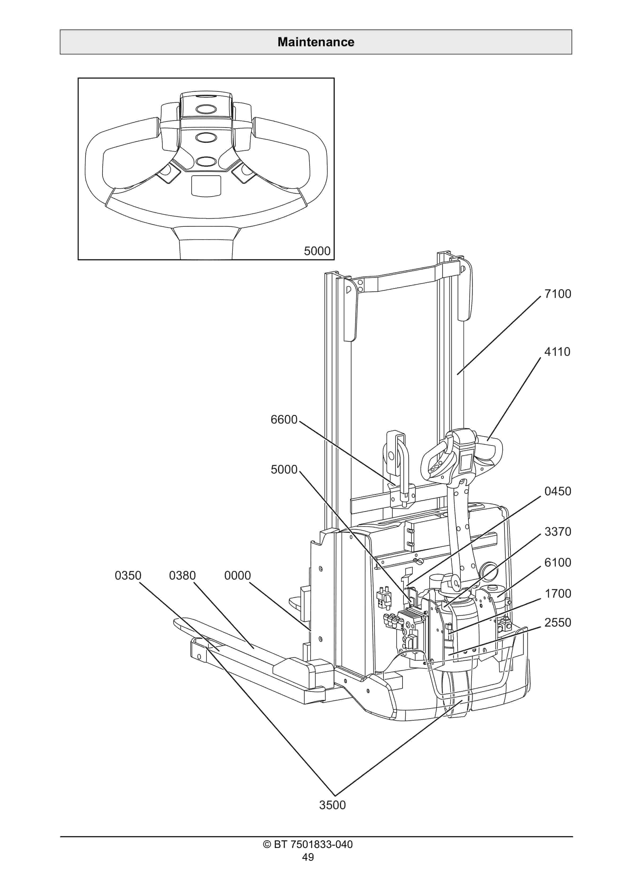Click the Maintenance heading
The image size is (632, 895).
(x=316, y=42)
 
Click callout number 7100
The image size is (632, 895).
(x=558, y=294)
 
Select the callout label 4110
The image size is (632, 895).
(x=557, y=352)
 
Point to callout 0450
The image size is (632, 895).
(x=558, y=491)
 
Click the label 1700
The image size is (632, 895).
(x=558, y=594)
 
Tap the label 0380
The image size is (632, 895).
(x=182, y=575)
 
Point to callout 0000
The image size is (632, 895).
(x=237, y=575)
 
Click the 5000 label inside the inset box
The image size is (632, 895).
(x=317, y=251)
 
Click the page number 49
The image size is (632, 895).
(x=308, y=857)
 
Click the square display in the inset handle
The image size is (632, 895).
(x=206, y=185)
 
